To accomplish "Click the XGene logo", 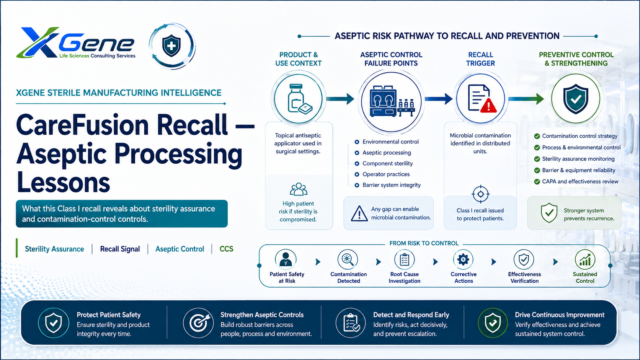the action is tap(76, 43).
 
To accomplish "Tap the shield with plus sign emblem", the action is tap(171, 46).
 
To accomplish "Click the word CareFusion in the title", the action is tap(83, 125).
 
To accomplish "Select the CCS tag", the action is tap(226, 249).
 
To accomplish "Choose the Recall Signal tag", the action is tap(120, 249).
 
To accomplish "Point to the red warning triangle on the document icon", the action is tap(488, 105).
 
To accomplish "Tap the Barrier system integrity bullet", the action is tap(388, 185).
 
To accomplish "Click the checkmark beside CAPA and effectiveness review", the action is tap(537, 182).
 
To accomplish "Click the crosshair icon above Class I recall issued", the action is tap(480, 194).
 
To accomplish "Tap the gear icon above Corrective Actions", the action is tap(463, 259).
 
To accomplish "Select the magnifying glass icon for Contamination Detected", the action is tap(348, 259).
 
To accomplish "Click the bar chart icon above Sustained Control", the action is tap(585, 259).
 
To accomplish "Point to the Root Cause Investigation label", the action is tap(404, 277).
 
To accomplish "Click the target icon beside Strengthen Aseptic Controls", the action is tap(198, 323).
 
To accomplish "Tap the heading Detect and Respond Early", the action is tap(411, 315).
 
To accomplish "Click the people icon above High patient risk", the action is tap(299, 189).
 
